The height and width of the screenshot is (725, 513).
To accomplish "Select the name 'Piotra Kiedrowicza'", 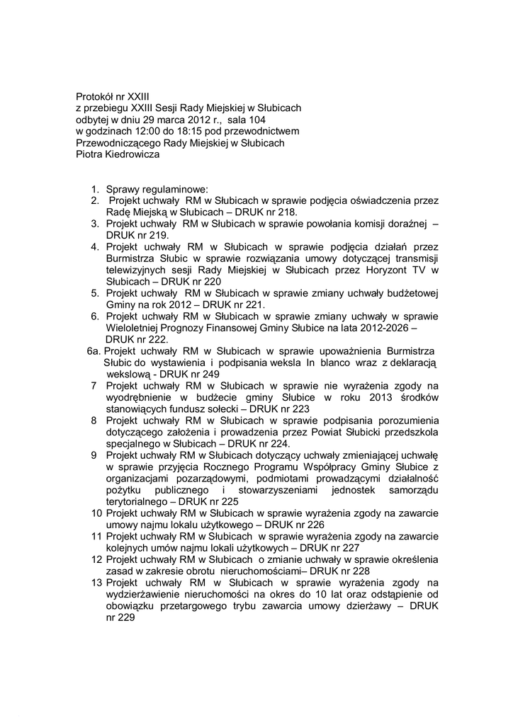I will click(x=118, y=155).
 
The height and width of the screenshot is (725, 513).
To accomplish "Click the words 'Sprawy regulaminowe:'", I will click(x=157, y=189).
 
